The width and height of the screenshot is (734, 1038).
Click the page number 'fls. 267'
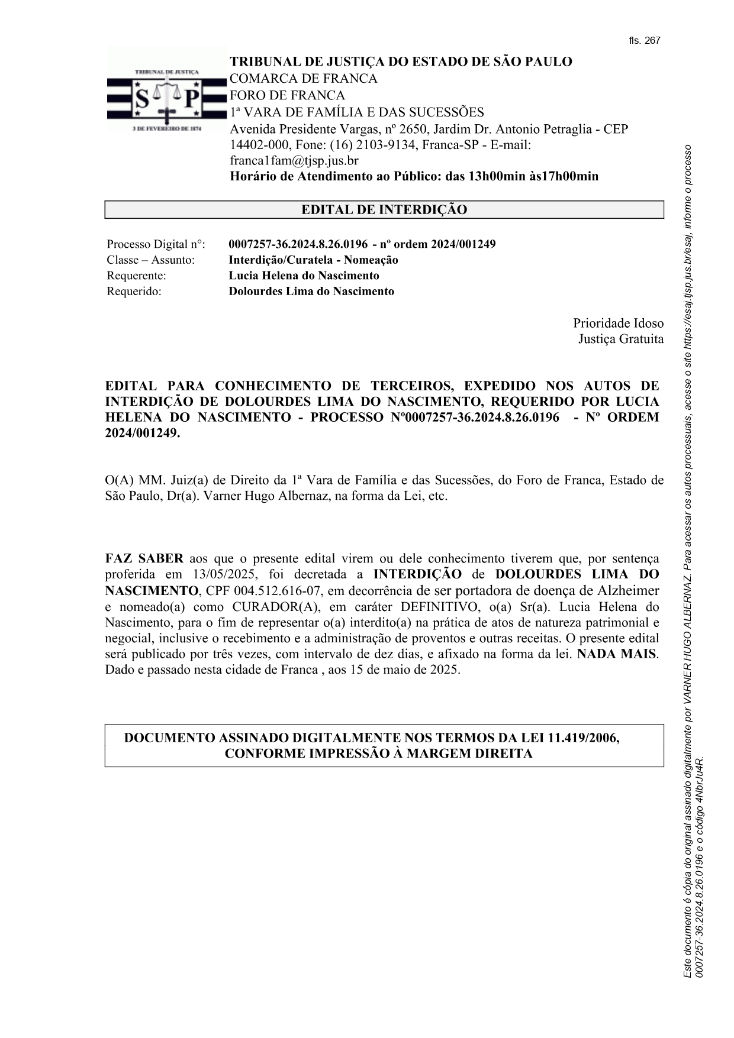pos(644,41)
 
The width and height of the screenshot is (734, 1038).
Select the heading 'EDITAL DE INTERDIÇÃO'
pos(384,210)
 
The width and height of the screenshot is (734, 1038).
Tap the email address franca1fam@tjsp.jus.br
pos(294,160)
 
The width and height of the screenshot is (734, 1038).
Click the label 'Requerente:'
pos(136,276)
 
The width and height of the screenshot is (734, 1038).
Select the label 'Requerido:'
pos(134,291)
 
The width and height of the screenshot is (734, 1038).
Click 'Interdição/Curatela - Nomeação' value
pos(313,260)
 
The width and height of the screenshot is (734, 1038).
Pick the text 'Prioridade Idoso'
pos(618,324)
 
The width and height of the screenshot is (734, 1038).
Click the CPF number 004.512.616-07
pos(278,591)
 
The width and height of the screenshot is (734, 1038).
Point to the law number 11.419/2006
pos(584,738)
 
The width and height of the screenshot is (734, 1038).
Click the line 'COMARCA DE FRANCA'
pos(303,79)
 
